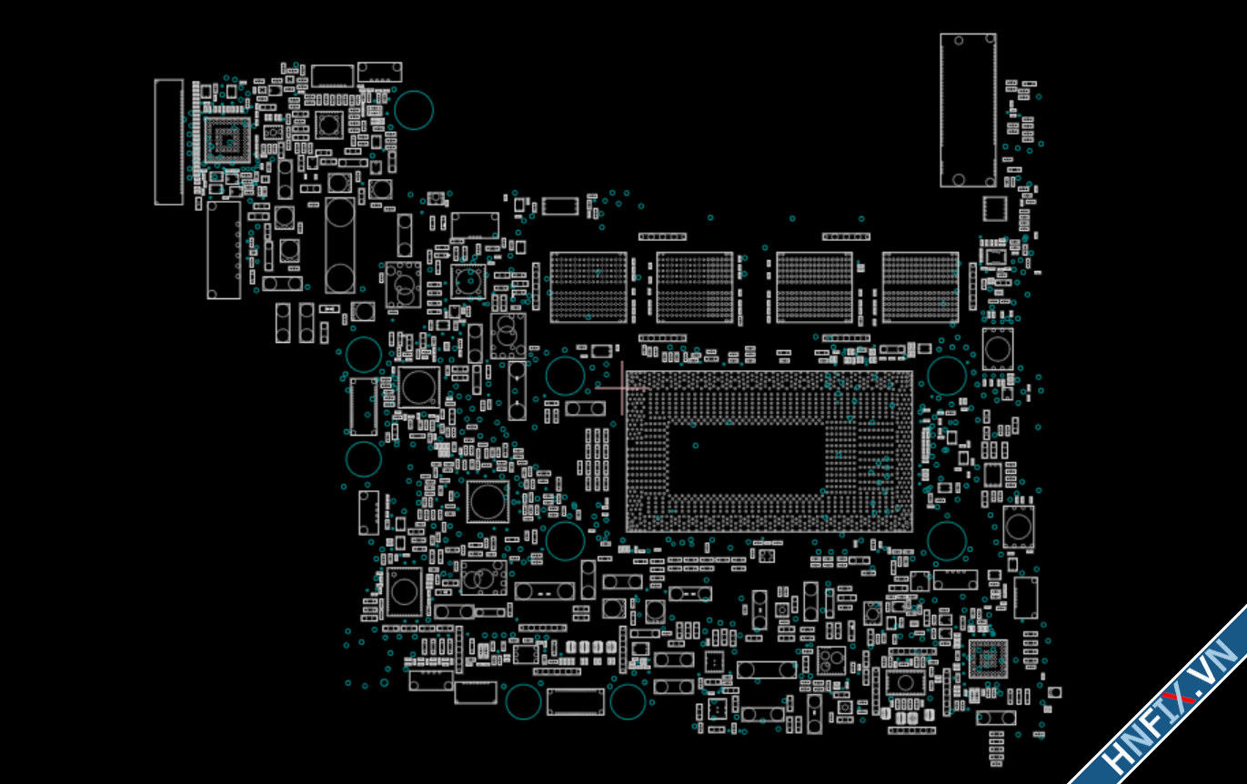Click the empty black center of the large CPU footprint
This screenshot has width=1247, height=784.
pyautogui.click(x=746, y=458)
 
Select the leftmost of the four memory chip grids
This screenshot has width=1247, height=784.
pyautogui.click(x=588, y=287)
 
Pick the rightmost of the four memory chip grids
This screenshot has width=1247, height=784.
pyautogui.click(x=920, y=287)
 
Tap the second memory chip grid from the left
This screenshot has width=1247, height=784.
pyautogui.click(x=695, y=287)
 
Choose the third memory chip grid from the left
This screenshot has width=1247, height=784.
pyautogui.click(x=814, y=287)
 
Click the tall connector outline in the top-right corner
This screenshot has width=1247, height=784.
pyautogui.click(x=968, y=110)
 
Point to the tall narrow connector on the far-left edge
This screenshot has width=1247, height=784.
pyautogui.click(x=168, y=142)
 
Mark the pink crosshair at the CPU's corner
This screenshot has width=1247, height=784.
pyautogui.click(x=622, y=387)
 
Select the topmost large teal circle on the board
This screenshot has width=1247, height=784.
pyautogui.click(x=414, y=110)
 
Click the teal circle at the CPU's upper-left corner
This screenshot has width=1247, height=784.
pyautogui.click(x=565, y=376)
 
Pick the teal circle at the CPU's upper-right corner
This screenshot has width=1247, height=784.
pyautogui.click(x=946, y=376)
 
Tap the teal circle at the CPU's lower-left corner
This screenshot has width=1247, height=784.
pyautogui.click(x=565, y=540)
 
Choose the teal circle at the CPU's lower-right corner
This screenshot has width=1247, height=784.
pyautogui.click(x=946, y=540)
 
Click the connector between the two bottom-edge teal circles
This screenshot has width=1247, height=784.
pyautogui.click(x=575, y=701)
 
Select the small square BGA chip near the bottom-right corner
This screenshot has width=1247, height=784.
pyautogui.click(x=988, y=658)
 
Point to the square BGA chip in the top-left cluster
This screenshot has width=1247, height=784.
pyautogui.click(x=226, y=140)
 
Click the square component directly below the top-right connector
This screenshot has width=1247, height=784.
pyautogui.click(x=994, y=209)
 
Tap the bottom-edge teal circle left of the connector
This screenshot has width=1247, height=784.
pyautogui.click(x=523, y=701)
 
